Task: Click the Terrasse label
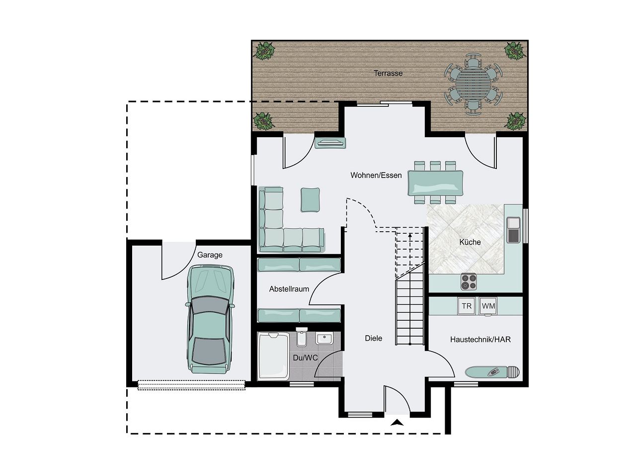pos(388,73)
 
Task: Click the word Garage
pos(210,255)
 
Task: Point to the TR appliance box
pos(467,306)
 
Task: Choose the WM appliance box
pos(488,306)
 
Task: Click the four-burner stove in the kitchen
pos(469,282)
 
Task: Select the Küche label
pos(470,242)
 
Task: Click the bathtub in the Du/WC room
pos(273,357)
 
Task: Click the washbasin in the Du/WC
pos(324,338)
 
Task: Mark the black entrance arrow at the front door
pos(397,423)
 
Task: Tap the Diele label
pos(374,338)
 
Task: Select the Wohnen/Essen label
pos(376,175)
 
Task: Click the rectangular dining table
pos(436,182)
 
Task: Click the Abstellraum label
pos(289,289)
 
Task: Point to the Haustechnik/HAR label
pos(480,340)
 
